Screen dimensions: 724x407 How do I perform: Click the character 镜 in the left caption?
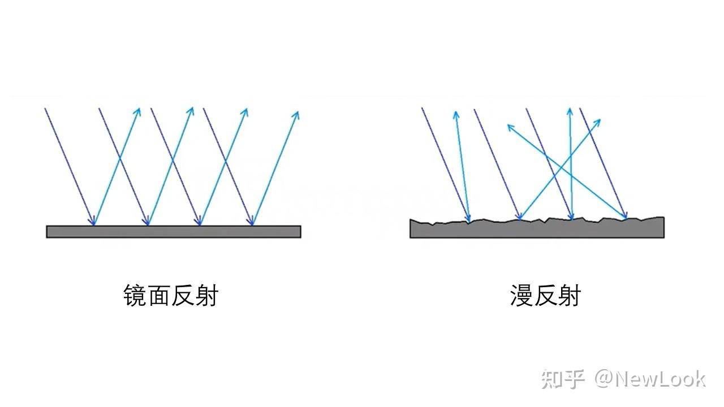(x=135, y=296)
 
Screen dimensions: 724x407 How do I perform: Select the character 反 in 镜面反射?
(x=183, y=296)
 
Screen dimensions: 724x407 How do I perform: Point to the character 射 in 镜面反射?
(x=206, y=296)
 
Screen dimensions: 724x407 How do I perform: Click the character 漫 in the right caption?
(x=521, y=296)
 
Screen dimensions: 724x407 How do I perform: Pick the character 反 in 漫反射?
(x=545, y=296)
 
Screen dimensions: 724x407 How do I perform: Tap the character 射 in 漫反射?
(x=568, y=296)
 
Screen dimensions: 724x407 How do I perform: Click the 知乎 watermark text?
(x=562, y=379)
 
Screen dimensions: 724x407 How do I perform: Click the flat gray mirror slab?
(x=173, y=231)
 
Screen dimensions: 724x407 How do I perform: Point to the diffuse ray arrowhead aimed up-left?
(x=509, y=127)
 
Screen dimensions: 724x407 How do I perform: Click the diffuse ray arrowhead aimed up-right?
(x=598, y=120)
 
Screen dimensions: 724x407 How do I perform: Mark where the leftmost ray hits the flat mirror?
(x=93, y=225)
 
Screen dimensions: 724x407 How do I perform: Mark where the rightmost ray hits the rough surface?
(x=626, y=218)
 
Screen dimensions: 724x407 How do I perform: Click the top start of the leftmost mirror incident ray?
(x=45, y=109)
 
